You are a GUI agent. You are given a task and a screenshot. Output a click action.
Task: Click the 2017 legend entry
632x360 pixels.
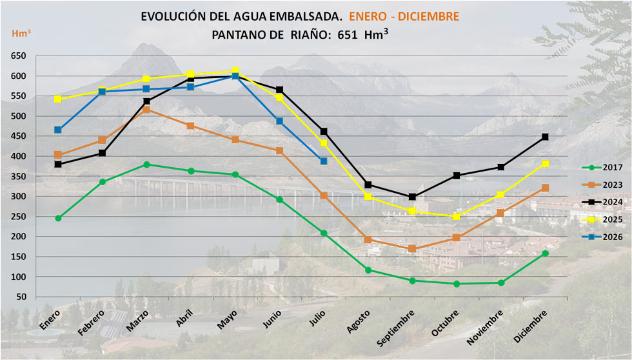pyautogui.click(x=602, y=167)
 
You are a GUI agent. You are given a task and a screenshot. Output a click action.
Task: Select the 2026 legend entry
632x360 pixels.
pyautogui.click(x=602, y=237)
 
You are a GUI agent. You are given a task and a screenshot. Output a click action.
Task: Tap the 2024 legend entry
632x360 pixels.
pyautogui.click(x=602, y=202)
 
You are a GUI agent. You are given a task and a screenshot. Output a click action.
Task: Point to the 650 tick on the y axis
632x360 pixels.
pyautogui.click(x=19, y=56)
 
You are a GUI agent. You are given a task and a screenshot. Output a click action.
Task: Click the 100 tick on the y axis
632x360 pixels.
pyautogui.click(x=19, y=277)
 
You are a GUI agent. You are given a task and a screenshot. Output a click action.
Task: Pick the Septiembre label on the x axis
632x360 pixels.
pyautogui.click(x=396, y=328)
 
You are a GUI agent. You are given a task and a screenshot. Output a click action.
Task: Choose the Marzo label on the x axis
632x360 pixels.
pyautogui.click(x=137, y=321)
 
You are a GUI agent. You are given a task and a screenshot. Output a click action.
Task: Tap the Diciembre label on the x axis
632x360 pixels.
pyautogui.click(x=530, y=326)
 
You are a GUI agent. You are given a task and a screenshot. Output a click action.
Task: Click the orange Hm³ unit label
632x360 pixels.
pyautogui.click(x=21, y=33)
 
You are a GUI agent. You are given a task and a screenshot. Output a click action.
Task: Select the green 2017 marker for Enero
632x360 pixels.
pyautogui.click(x=58, y=218)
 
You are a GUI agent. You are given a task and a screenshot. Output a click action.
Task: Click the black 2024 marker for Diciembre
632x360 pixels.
pyautogui.click(x=545, y=137)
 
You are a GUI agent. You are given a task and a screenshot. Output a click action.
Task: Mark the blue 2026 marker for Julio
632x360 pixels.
pyautogui.click(x=324, y=161)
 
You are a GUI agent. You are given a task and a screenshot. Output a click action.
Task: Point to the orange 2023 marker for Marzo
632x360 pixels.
pyautogui.click(x=147, y=110)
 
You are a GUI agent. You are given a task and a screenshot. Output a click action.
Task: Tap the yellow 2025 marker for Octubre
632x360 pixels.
pyautogui.click(x=457, y=217)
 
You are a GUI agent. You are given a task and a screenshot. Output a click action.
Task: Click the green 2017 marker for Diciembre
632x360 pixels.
pyautogui.click(x=545, y=254)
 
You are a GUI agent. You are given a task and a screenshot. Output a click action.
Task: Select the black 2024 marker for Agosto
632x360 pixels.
pyautogui.click(x=368, y=185)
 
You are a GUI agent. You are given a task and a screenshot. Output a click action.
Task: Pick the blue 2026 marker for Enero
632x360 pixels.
pyautogui.click(x=58, y=130)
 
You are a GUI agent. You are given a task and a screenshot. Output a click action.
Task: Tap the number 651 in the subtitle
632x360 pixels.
pyautogui.click(x=348, y=35)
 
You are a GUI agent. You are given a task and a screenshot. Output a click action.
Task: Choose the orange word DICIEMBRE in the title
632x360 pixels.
pyautogui.click(x=428, y=17)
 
